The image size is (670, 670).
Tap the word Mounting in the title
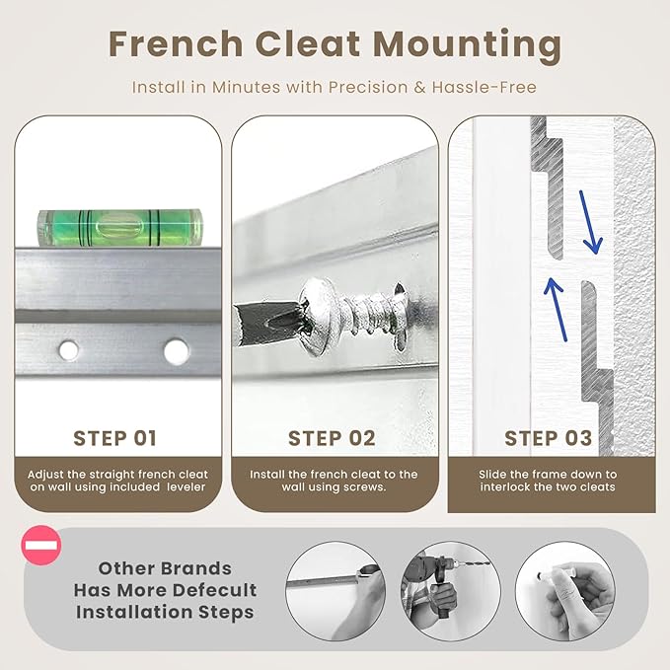(x=468, y=47)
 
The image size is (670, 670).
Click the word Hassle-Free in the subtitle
(x=484, y=87)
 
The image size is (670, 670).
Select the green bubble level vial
(x=120, y=228)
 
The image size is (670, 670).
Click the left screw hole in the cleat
(x=68, y=350)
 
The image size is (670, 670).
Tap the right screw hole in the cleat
(x=177, y=351)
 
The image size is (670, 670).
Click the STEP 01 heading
(x=114, y=438)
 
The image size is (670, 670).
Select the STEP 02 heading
(x=332, y=438)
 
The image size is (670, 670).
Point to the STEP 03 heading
(x=549, y=438)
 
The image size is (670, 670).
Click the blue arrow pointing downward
(x=590, y=222)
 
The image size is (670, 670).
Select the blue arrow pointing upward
(x=556, y=310)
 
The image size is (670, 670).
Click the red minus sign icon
(x=41, y=546)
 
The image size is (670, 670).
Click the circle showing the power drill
(x=450, y=591)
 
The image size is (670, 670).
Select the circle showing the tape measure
(x=335, y=591)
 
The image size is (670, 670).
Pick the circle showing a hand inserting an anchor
(x=564, y=591)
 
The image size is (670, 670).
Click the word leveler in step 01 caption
(x=186, y=487)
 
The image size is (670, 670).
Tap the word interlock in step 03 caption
(x=504, y=487)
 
